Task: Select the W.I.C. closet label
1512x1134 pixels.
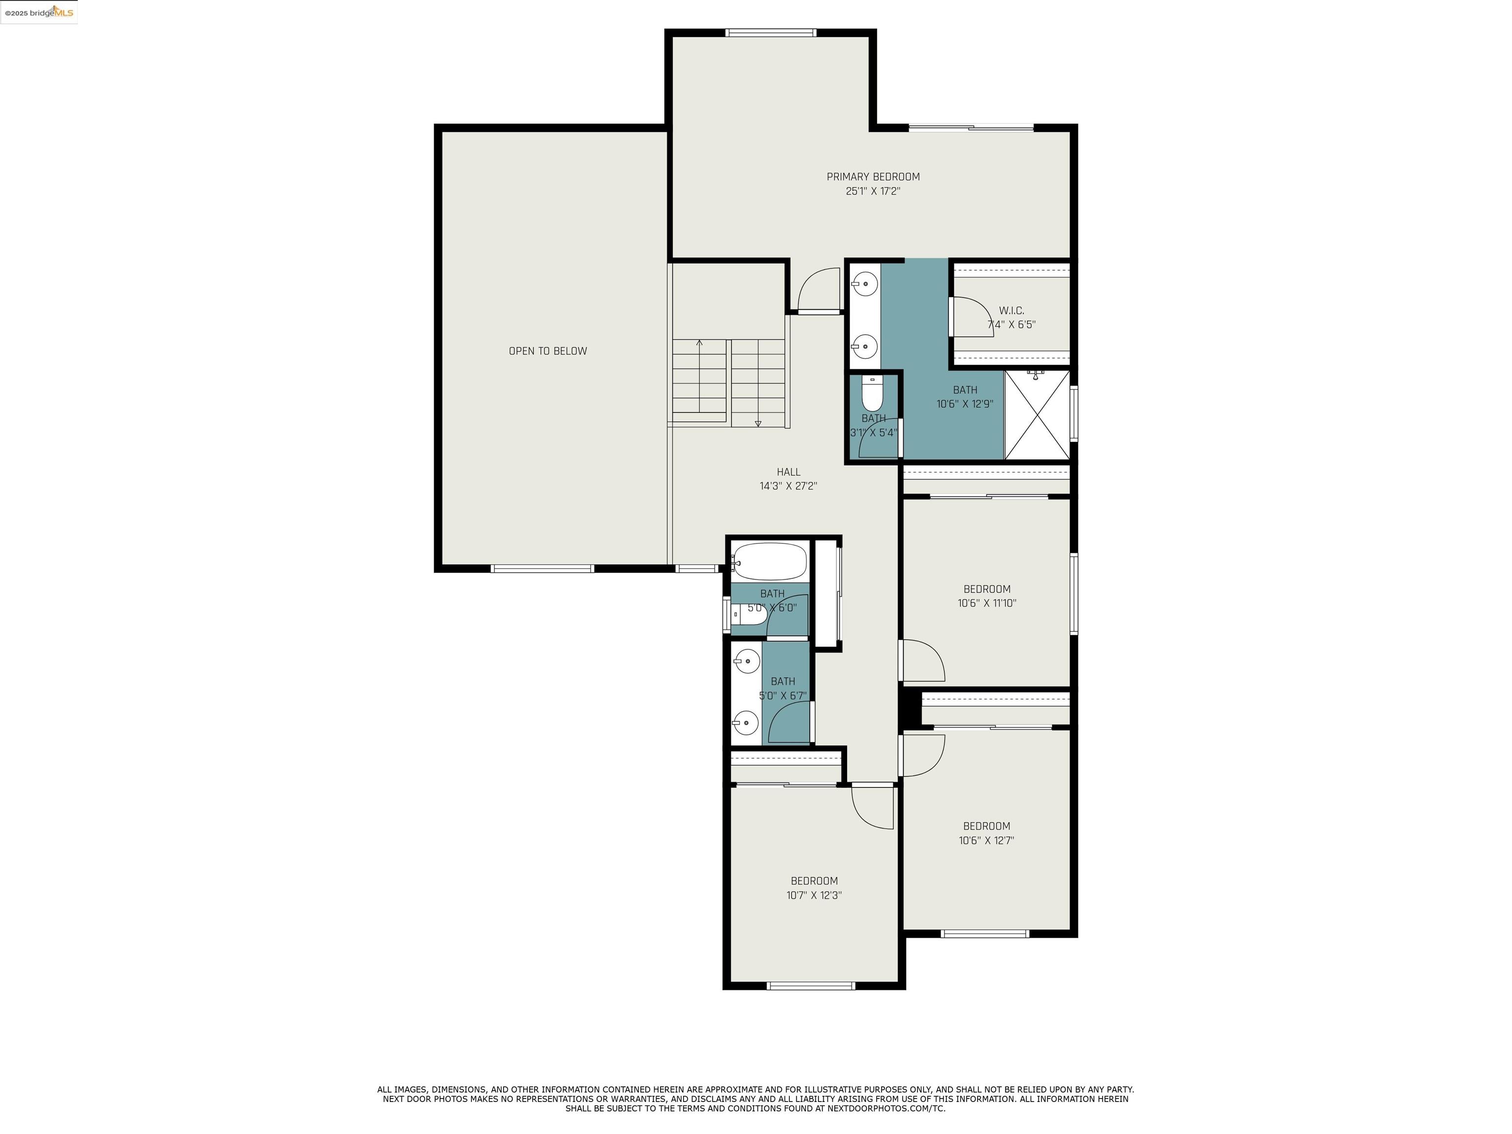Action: click(x=1011, y=311)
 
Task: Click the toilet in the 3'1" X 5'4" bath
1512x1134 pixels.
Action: click(x=872, y=394)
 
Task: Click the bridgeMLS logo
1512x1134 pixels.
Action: click(x=39, y=12)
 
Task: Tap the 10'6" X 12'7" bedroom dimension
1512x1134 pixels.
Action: click(x=986, y=841)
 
